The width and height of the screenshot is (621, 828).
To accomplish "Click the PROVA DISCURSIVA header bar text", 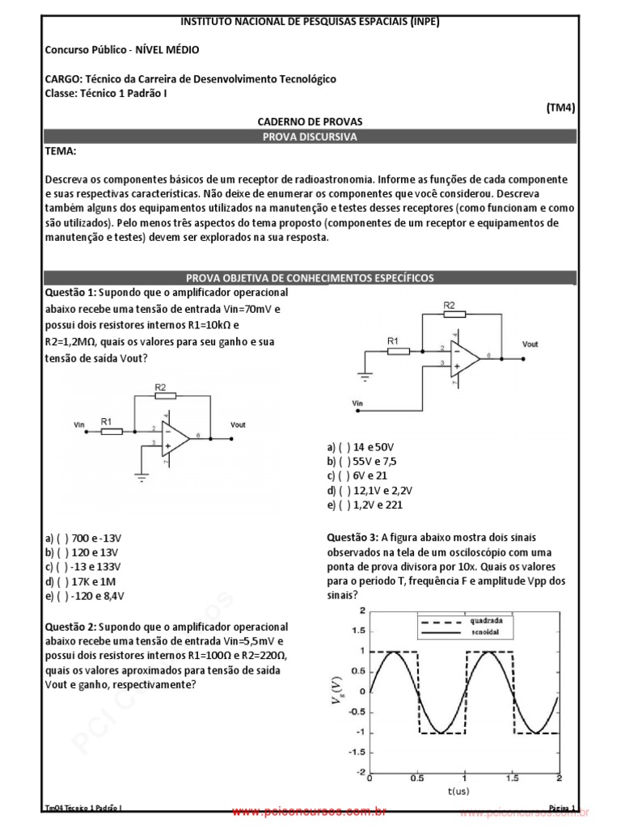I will coord(310,137).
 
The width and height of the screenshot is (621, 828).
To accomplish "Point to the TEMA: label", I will coord(61,152).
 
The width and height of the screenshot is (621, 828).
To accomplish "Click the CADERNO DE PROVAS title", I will coord(310,121).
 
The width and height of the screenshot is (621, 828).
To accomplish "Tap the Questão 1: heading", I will coord(74,292).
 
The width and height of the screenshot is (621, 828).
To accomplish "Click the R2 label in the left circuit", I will coord(161,388).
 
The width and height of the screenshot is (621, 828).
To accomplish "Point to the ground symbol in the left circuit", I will coord(142,476).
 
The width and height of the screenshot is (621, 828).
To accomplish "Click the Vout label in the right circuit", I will coord(530,344).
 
